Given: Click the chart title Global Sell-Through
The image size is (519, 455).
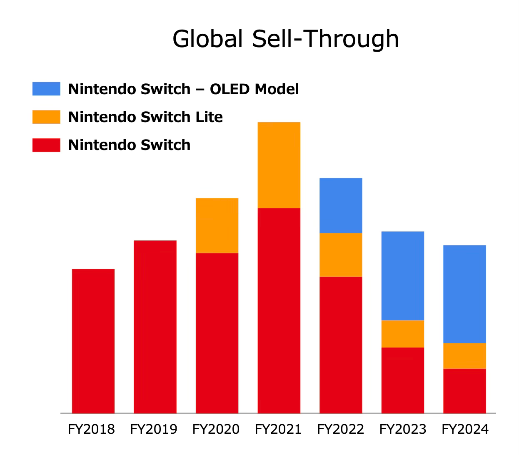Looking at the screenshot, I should (286, 39).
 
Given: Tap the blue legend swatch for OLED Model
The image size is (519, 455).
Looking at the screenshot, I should (46, 89).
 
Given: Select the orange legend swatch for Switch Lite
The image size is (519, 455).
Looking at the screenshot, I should (46, 117).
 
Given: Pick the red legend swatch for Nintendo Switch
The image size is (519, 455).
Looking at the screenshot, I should (46, 145).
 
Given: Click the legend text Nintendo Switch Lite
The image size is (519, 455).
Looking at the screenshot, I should (145, 117).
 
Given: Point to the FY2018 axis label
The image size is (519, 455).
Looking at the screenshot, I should (91, 429).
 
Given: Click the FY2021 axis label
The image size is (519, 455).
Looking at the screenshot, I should (278, 429).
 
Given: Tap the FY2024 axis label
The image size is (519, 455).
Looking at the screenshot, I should (465, 429).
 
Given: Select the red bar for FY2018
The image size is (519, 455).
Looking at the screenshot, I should (93, 341).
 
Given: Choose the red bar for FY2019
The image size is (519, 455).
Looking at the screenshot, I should (155, 327).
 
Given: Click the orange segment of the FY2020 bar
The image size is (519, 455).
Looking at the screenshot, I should (217, 225).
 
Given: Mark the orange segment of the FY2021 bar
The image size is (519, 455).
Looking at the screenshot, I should (279, 165).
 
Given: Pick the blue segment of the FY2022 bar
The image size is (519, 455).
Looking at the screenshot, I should (341, 205).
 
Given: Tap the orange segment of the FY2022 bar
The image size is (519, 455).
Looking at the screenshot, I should (341, 255).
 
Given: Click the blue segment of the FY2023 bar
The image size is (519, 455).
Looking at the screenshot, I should (403, 275).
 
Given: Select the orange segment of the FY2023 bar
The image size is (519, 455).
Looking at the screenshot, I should (403, 334).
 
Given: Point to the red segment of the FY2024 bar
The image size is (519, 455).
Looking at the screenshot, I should (464, 391).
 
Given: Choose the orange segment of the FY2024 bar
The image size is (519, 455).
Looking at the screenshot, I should (464, 356).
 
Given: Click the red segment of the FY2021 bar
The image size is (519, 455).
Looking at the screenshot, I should (279, 310).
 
